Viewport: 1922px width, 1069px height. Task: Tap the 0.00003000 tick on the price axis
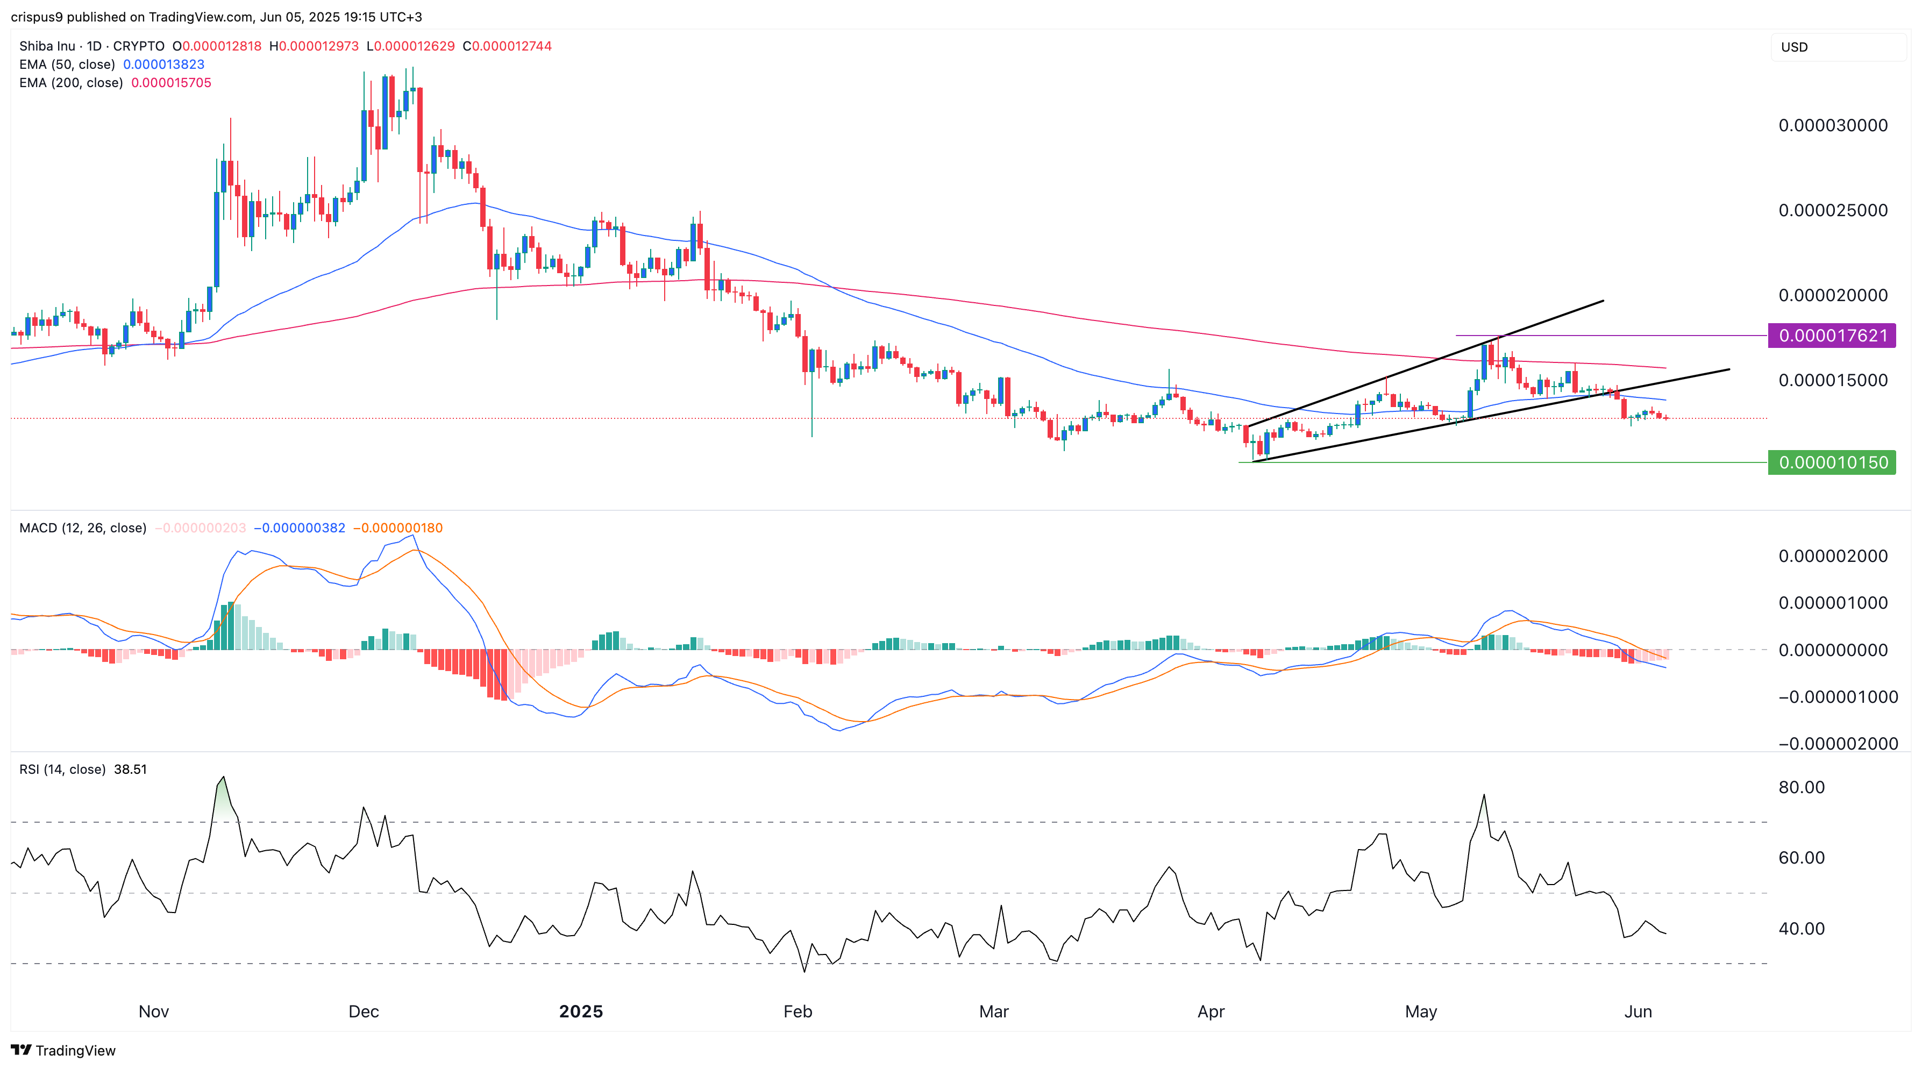tap(1833, 125)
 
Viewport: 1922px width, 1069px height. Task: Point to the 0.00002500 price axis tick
tap(1833, 210)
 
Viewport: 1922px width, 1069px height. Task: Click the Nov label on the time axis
tap(154, 1011)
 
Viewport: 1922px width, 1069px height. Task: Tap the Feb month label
tap(797, 1011)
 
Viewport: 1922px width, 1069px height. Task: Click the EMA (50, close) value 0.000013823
tap(163, 64)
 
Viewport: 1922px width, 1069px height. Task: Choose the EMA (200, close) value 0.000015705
tap(171, 83)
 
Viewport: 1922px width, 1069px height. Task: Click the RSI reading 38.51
tap(131, 769)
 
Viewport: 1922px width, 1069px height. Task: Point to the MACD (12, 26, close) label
tap(83, 528)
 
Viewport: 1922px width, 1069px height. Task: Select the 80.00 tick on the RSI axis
tap(1801, 787)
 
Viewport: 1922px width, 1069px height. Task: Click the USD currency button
tap(1795, 47)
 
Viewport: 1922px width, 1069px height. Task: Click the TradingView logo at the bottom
tap(63, 1050)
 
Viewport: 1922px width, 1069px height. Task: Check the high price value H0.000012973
tap(314, 46)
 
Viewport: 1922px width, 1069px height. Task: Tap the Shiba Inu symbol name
tap(47, 46)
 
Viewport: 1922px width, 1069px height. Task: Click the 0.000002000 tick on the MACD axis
tap(1833, 556)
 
